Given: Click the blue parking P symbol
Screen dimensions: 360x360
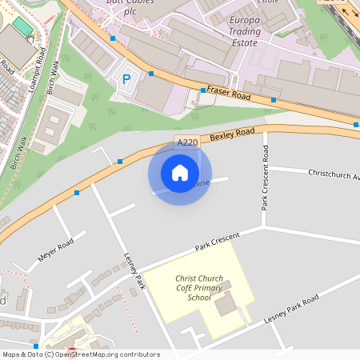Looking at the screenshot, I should [x=126, y=80].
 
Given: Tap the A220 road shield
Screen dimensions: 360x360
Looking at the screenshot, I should [x=186, y=142].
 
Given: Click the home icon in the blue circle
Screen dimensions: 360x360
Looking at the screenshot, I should [x=180, y=173].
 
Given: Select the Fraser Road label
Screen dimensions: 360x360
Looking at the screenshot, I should [x=229, y=94].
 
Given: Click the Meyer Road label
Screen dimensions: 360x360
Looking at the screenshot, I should [x=56, y=250].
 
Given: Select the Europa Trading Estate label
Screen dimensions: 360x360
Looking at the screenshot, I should [x=244, y=31].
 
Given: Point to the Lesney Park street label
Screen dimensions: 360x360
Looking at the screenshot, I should [x=134, y=271].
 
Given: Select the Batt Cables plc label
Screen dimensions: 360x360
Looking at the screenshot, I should [x=130, y=6].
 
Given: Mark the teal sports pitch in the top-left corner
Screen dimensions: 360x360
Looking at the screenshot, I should [x=23, y=26].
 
